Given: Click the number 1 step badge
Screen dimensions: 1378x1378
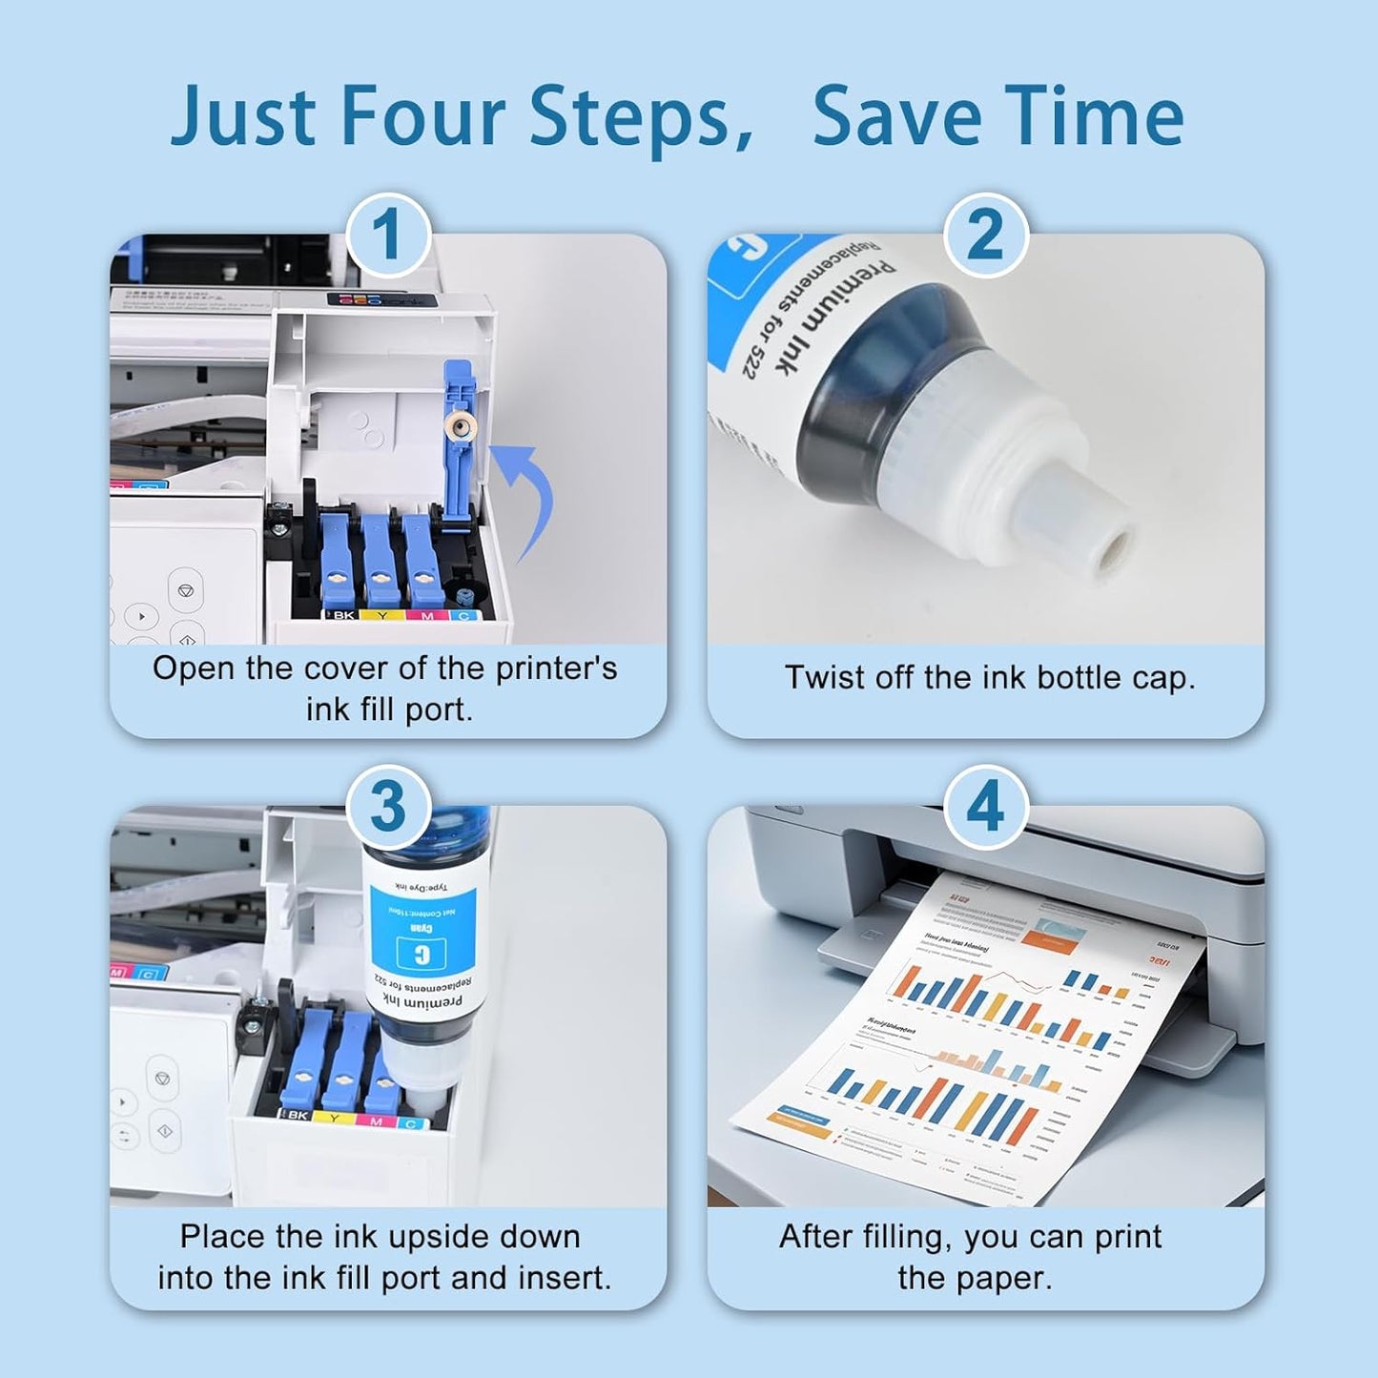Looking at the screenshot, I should [x=388, y=235].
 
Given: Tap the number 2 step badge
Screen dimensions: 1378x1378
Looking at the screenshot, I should [x=985, y=235].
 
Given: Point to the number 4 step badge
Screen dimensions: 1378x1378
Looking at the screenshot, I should [x=985, y=807].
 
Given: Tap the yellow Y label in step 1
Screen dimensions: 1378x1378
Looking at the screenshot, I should [x=382, y=616].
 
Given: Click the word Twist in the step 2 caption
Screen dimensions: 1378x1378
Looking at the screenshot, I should [x=819, y=678].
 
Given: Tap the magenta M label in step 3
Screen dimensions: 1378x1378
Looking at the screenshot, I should [x=376, y=1121].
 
